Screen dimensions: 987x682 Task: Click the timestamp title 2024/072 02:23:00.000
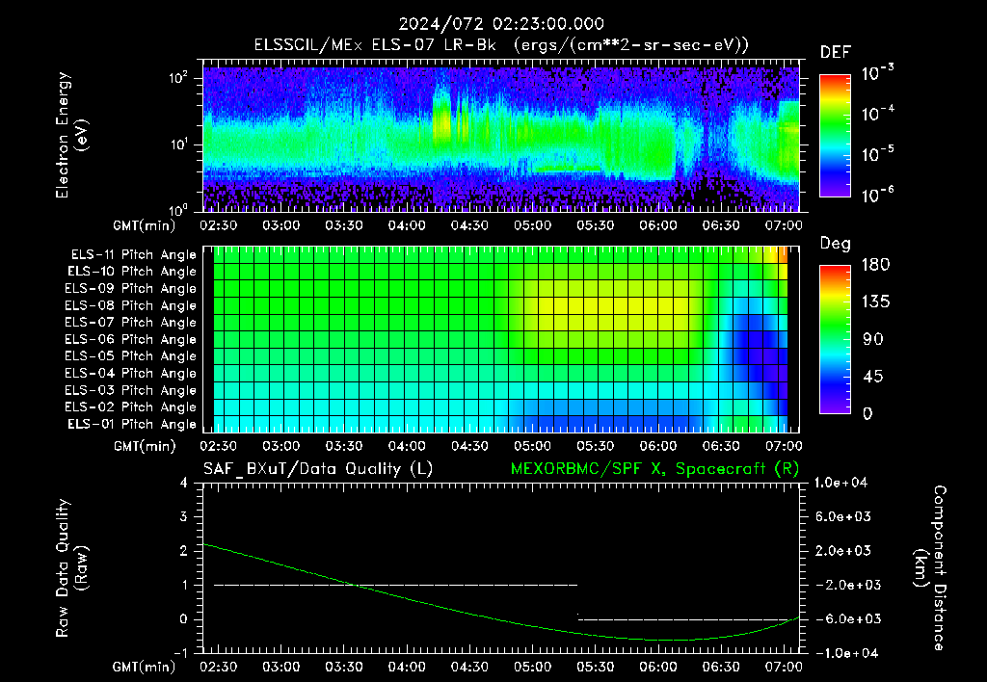coord(501,24)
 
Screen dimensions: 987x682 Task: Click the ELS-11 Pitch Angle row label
coord(133,255)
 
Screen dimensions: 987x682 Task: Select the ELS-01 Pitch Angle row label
coord(131,425)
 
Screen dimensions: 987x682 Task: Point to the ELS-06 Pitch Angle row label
coord(130,340)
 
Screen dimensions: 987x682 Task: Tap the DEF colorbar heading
coord(835,53)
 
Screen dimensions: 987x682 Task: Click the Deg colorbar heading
coord(835,244)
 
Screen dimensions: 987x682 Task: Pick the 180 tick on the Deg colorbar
coord(875,265)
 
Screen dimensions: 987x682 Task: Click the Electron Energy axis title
coord(71,135)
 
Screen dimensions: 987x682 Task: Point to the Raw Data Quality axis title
coord(71,568)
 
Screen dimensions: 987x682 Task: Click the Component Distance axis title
coord(930,568)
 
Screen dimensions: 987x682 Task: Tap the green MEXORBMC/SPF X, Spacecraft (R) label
coord(654,469)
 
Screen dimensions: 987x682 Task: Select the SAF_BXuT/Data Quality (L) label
coord(318,469)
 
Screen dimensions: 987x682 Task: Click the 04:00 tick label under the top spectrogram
coord(407,225)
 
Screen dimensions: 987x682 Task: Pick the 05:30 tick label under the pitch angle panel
coord(596,446)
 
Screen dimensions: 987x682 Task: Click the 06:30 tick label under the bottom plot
coord(721,667)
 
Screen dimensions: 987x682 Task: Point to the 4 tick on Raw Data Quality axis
coord(184,484)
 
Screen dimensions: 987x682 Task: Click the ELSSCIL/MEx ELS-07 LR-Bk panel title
coord(501,45)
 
